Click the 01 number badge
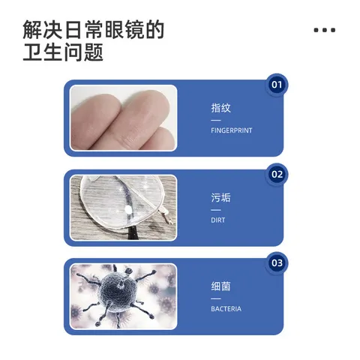[x=277, y=84]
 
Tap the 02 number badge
[x=277, y=174]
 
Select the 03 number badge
[x=277, y=262]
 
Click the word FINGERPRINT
[x=232, y=130]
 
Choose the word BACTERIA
[x=226, y=309]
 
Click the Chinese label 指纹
[x=220, y=108]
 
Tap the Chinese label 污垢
[x=220, y=198]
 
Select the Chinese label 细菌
[x=220, y=286]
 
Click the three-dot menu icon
[x=324, y=30]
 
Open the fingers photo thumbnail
[x=123, y=118]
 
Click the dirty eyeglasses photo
[x=123, y=208]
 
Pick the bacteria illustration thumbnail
[x=123, y=296]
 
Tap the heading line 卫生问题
[x=63, y=53]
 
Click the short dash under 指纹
[x=216, y=120]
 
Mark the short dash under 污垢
[x=216, y=210]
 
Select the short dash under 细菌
[x=216, y=298]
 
